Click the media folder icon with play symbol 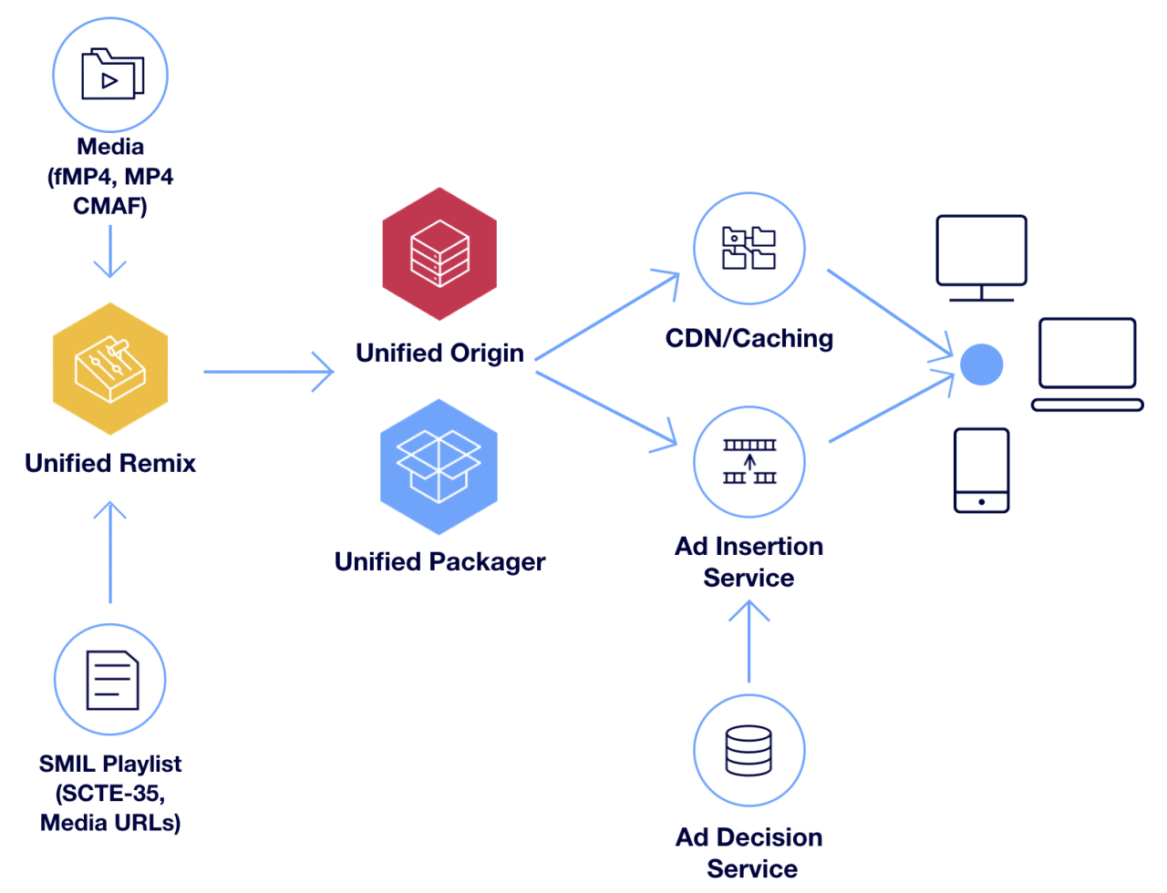(111, 74)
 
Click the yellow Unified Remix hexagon (110, 369)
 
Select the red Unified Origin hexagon (439, 254)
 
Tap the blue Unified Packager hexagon (439, 467)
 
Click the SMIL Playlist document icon (111, 680)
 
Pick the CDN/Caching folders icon (749, 248)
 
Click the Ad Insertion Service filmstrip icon (749, 462)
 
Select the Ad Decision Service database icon (749, 750)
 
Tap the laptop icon (1087, 364)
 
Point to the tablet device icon (981, 470)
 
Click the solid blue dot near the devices (981, 364)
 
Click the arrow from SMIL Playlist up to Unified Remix (110, 551)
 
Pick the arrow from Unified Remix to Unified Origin (269, 372)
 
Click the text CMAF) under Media (110, 206)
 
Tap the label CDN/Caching (749, 338)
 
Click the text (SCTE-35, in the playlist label (110, 793)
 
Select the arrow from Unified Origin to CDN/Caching (606, 316)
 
